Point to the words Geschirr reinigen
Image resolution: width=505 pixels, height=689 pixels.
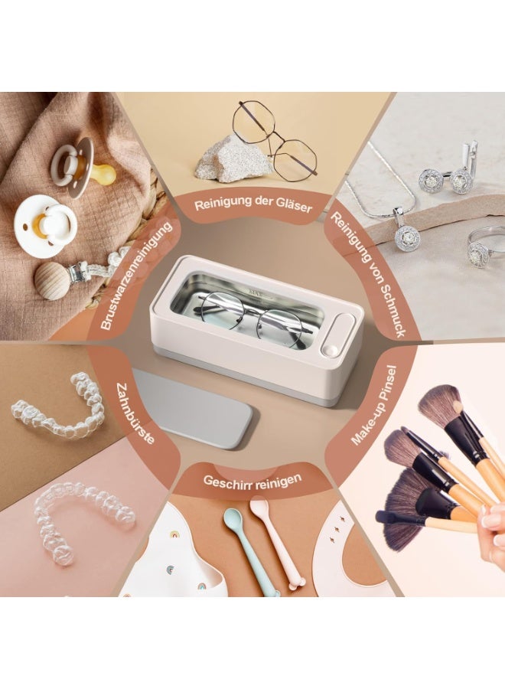[x=252, y=481]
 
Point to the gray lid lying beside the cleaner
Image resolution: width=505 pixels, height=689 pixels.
[x=191, y=406]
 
